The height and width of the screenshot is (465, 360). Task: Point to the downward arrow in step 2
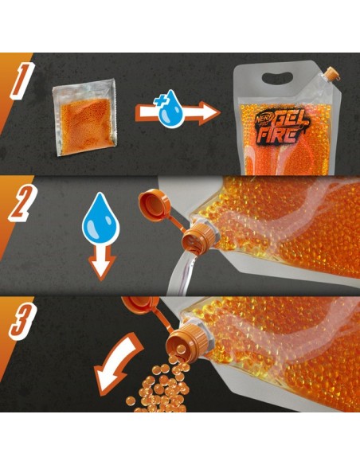100,261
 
